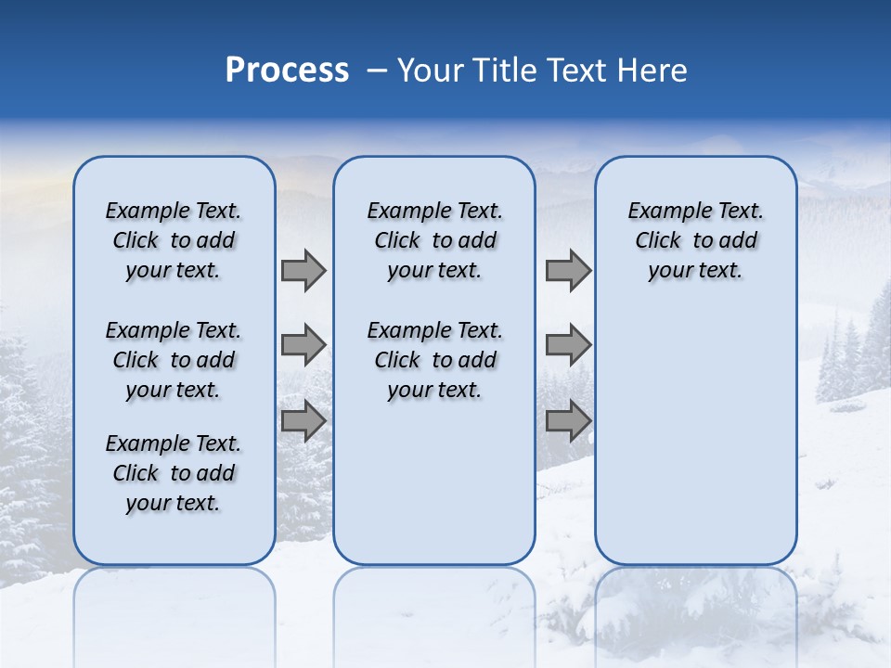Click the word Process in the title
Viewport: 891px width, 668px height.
[x=287, y=71]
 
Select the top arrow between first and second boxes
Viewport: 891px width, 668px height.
[x=303, y=270]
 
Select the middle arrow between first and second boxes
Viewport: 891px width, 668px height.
[x=303, y=345]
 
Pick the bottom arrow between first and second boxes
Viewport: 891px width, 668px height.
[x=303, y=420]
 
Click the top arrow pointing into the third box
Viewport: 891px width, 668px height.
[x=568, y=270]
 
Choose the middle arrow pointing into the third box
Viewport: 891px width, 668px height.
[x=568, y=345]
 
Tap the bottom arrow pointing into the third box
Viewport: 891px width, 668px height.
[x=568, y=420]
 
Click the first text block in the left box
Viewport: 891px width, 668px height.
[x=174, y=240]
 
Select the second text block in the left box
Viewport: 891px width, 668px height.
[x=174, y=360]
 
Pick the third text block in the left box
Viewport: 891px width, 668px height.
[x=174, y=473]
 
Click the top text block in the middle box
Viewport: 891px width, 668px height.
[x=434, y=240]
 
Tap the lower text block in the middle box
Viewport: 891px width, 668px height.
[x=434, y=360]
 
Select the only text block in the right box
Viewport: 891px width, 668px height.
[x=695, y=240]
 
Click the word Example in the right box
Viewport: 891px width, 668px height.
[x=665, y=212]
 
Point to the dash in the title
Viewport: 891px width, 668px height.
[x=377, y=71]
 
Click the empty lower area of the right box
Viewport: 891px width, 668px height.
[x=695, y=436]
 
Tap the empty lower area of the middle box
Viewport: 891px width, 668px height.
[x=434, y=482]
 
